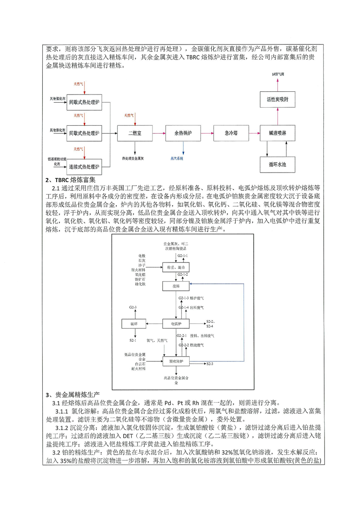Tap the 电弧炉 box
click(175, 323)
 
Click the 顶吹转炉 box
click(175, 361)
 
